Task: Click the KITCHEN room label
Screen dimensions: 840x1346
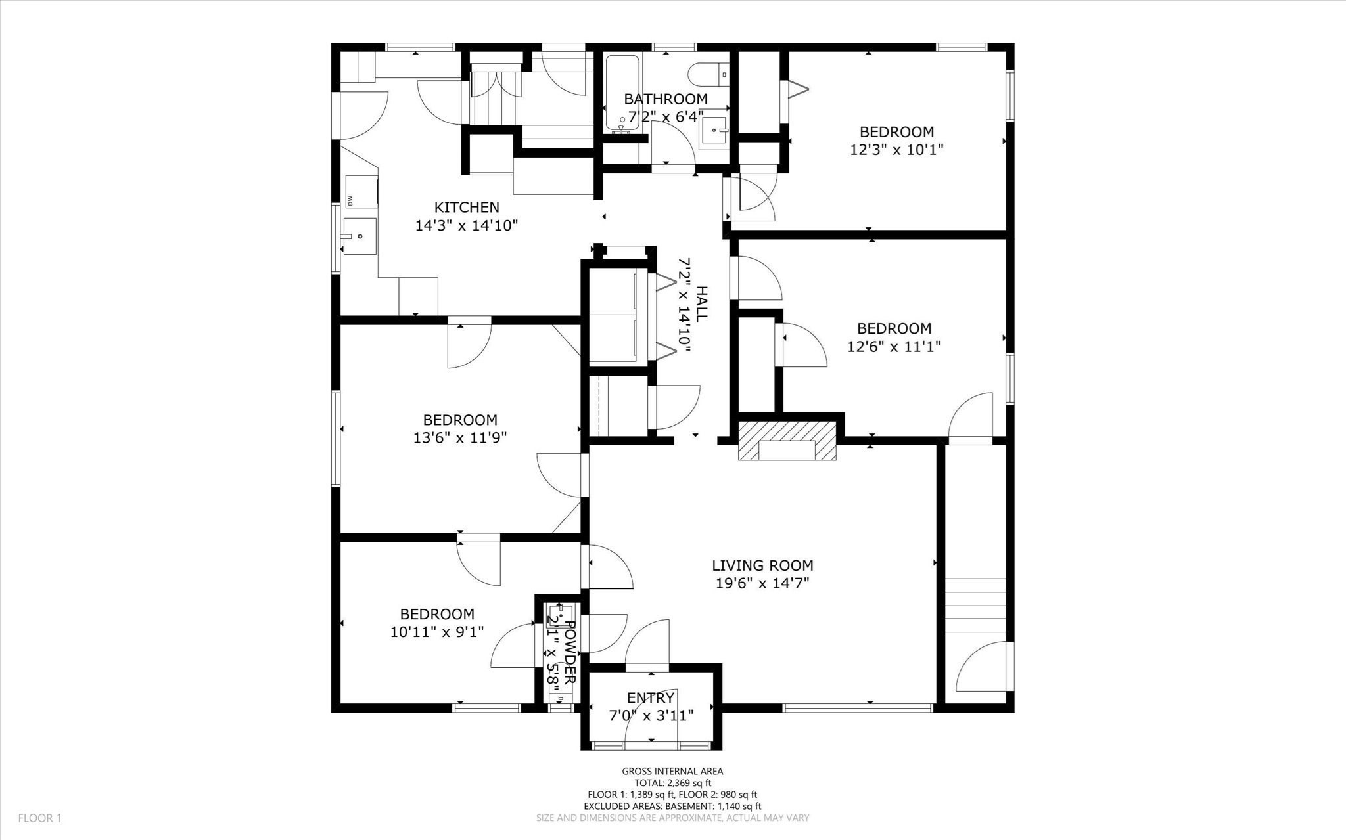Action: tap(467, 208)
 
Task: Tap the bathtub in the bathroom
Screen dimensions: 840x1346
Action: tap(622, 92)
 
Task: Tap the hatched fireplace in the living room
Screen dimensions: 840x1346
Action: tap(787, 441)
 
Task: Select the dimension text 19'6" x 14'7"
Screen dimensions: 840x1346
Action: tap(762, 583)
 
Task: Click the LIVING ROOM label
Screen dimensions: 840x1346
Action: tap(762, 565)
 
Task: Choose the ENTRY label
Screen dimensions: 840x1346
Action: tap(650, 697)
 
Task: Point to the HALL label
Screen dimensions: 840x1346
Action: tap(701, 303)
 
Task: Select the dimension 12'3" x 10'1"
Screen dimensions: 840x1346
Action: tap(896, 150)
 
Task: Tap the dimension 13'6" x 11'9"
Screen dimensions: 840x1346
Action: tap(459, 437)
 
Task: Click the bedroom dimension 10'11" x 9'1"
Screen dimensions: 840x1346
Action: tap(437, 632)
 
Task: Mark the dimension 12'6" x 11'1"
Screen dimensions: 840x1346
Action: tap(894, 346)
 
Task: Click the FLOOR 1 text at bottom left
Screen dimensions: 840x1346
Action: tap(39, 818)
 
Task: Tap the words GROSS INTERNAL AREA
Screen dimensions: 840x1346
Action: tap(672, 772)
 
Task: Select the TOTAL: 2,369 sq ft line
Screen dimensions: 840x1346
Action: tap(672, 783)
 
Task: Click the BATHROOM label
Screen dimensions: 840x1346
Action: tap(665, 99)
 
